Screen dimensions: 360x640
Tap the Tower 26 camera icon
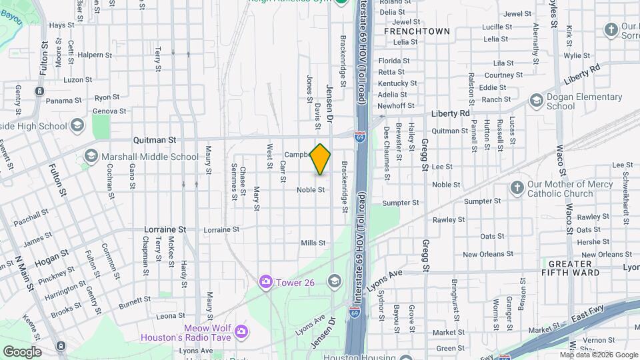coord(266,282)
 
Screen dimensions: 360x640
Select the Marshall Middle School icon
coord(91,157)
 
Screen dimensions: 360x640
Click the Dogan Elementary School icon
coord(535,100)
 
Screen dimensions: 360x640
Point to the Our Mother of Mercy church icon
coord(517,189)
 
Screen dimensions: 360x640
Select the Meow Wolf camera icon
coord(241,331)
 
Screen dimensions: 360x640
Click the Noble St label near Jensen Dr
coord(311,190)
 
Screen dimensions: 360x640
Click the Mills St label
coord(313,243)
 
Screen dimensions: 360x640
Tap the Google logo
coord(22,351)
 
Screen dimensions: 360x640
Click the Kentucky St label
coord(397,83)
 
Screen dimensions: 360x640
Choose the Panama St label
coord(64,101)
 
